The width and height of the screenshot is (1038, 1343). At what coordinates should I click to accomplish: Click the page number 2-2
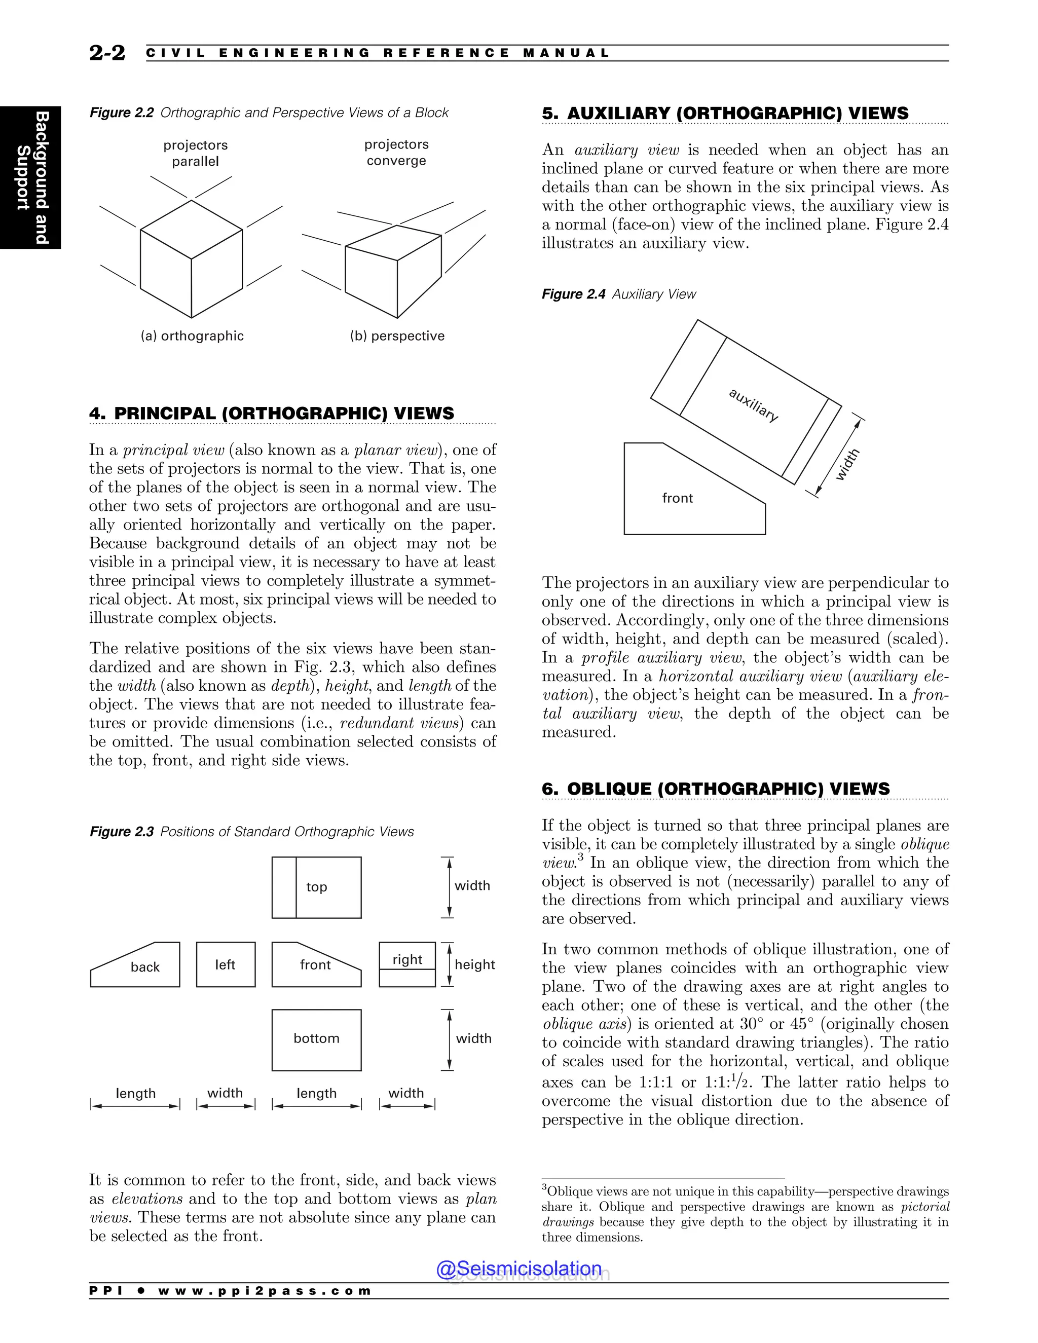coord(107,53)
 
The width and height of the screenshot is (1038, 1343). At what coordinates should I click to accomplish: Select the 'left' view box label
coord(225,964)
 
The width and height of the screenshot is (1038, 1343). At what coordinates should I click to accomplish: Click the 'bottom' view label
coord(316,1038)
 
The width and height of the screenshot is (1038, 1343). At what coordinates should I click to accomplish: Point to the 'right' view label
coord(407,959)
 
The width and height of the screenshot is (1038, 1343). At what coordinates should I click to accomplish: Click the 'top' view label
coord(317,887)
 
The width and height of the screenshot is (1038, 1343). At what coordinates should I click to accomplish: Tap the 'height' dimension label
coord(475,964)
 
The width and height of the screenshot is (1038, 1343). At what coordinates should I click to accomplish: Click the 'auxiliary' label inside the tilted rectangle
coord(753,404)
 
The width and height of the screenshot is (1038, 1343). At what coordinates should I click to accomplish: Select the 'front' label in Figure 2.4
coord(677,498)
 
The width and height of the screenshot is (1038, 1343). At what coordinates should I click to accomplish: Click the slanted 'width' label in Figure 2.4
coord(847,465)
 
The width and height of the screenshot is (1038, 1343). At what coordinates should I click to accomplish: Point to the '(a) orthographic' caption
coord(192,335)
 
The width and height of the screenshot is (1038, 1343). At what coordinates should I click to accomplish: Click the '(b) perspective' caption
coord(397,335)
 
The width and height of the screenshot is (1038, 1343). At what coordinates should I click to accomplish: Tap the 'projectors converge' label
coord(397,153)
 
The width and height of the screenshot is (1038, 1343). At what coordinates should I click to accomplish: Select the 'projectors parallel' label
coord(196,153)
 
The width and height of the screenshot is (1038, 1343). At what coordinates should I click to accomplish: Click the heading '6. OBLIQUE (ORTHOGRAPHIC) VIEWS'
coord(716,789)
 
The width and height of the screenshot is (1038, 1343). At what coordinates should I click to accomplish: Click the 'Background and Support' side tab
coord(31,177)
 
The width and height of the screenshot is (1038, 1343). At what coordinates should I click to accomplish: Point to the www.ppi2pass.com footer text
coord(265,1291)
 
